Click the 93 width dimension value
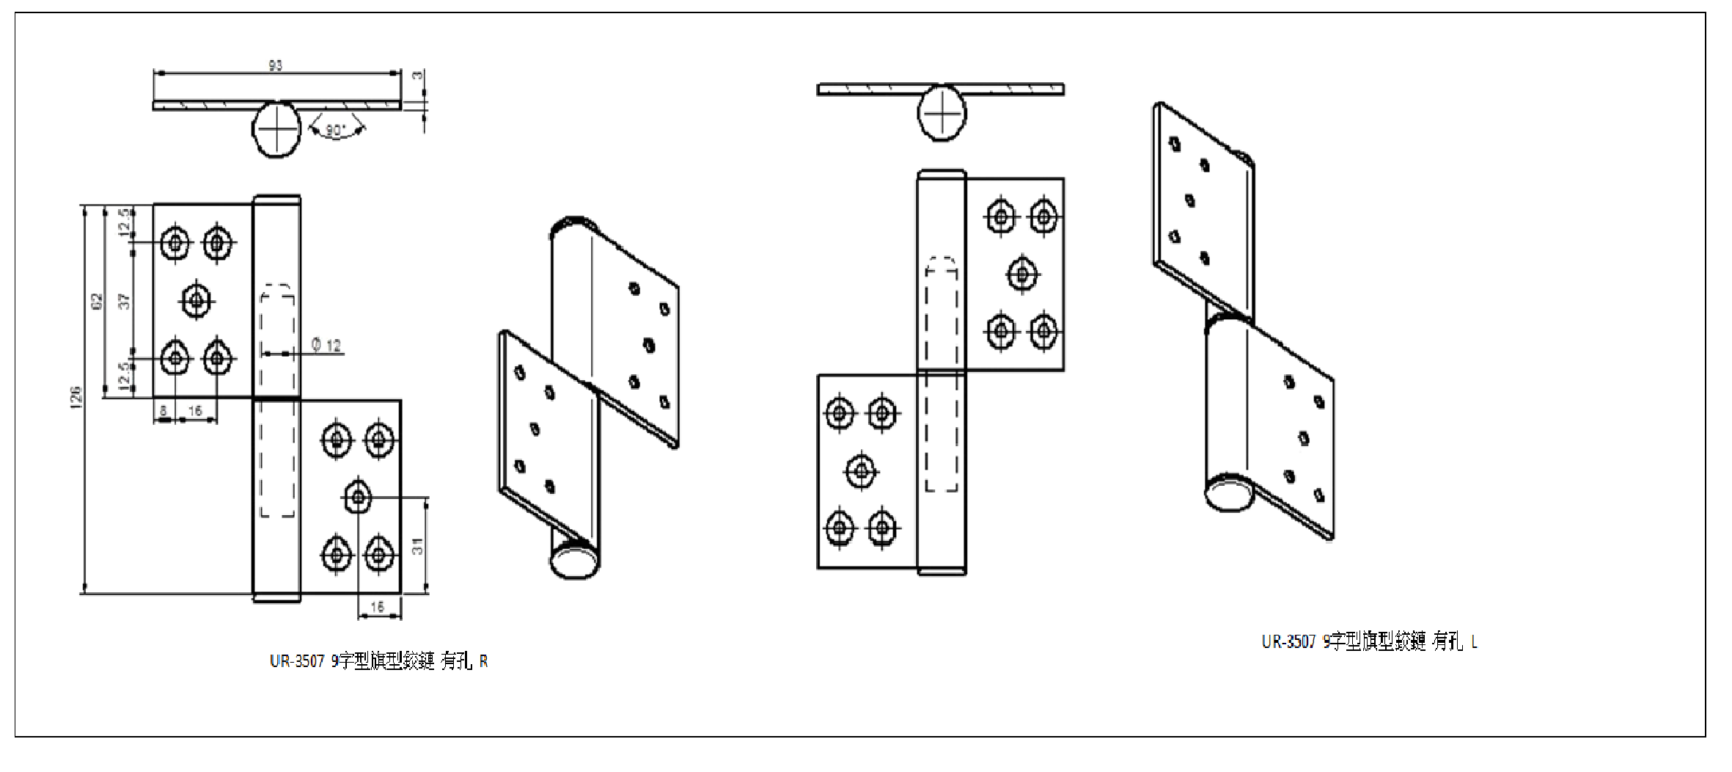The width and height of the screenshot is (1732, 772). [x=275, y=65]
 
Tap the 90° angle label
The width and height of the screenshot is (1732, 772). [x=335, y=130]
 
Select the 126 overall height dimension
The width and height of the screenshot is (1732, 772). [x=76, y=397]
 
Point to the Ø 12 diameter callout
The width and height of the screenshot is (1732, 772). [x=326, y=345]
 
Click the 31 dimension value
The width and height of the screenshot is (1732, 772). [x=417, y=545]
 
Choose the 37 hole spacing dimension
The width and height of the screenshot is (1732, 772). [x=124, y=300]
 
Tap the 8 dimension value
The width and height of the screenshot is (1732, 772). [x=164, y=411]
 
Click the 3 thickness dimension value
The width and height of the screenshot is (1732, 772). [x=417, y=76]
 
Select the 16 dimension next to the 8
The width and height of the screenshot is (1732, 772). [x=195, y=411]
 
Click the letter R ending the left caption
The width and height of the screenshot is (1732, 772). [x=483, y=662]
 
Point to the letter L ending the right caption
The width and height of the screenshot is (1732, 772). [x=1475, y=643]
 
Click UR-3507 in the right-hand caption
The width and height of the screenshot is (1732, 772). [x=1288, y=642]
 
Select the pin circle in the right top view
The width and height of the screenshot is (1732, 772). [x=942, y=114]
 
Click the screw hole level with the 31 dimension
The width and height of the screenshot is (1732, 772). [x=357, y=498]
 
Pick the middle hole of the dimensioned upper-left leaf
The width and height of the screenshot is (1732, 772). [x=196, y=299]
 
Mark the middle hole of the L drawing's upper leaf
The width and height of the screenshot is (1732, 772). [x=1022, y=274]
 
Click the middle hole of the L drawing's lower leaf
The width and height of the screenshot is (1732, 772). [x=861, y=471]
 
